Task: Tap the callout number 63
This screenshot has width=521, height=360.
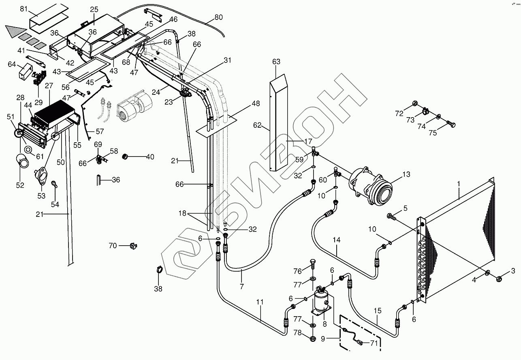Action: pos(276,62)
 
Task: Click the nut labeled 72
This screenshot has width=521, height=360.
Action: pos(415,103)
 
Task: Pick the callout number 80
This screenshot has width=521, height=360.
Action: pos(218,17)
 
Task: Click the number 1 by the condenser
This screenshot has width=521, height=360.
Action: pos(459,184)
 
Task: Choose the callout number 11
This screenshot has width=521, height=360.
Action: pos(260,302)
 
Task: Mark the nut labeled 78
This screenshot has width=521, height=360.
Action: pos(313,337)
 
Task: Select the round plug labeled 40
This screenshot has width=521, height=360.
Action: pos(126,156)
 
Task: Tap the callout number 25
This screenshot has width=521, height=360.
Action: pos(94,9)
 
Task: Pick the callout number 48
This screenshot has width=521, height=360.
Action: pos(256,104)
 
